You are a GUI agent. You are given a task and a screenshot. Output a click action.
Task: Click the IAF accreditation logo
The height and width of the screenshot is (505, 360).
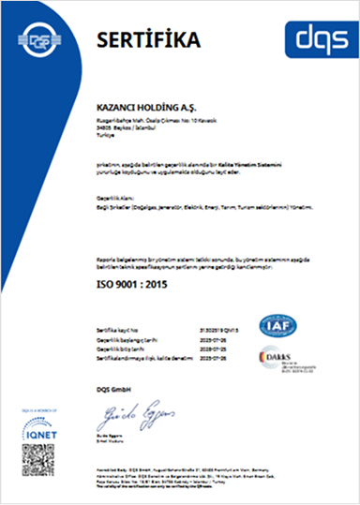(281, 324)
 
